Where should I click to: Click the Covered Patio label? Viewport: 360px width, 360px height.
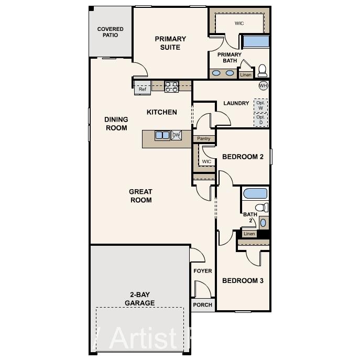click(x=110, y=32)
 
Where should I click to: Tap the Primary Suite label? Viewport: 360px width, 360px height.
click(x=170, y=43)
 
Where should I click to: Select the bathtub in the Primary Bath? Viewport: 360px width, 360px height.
click(x=255, y=41)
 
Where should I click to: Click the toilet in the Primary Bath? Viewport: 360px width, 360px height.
click(x=261, y=70)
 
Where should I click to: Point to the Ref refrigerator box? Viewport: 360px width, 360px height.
click(x=142, y=89)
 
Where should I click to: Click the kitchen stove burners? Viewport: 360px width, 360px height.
click(x=171, y=86)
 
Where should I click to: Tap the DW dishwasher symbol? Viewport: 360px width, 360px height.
click(x=176, y=135)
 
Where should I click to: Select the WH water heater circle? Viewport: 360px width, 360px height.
click(x=263, y=85)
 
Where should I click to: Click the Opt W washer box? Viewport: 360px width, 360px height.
click(x=260, y=105)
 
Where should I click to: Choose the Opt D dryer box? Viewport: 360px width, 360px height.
click(x=260, y=120)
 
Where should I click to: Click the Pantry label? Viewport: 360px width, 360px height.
click(x=204, y=139)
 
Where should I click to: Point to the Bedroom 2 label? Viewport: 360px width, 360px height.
click(x=243, y=157)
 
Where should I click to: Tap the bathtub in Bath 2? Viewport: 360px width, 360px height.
click(x=255, y=193)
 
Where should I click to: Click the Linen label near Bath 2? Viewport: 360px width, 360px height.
click(x=249, y=234)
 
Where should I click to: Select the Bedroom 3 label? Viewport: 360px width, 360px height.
click(x=243, y=281)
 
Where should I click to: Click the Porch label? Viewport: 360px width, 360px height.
click(x=203, y=304)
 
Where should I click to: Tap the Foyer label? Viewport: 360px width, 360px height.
click(x=203, y=271)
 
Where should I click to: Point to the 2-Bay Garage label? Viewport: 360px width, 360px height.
click(x=140, y=299)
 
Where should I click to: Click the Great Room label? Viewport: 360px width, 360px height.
click(x=140, y=195)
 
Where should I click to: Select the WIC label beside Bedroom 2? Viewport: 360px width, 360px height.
click(x=206, y=161)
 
